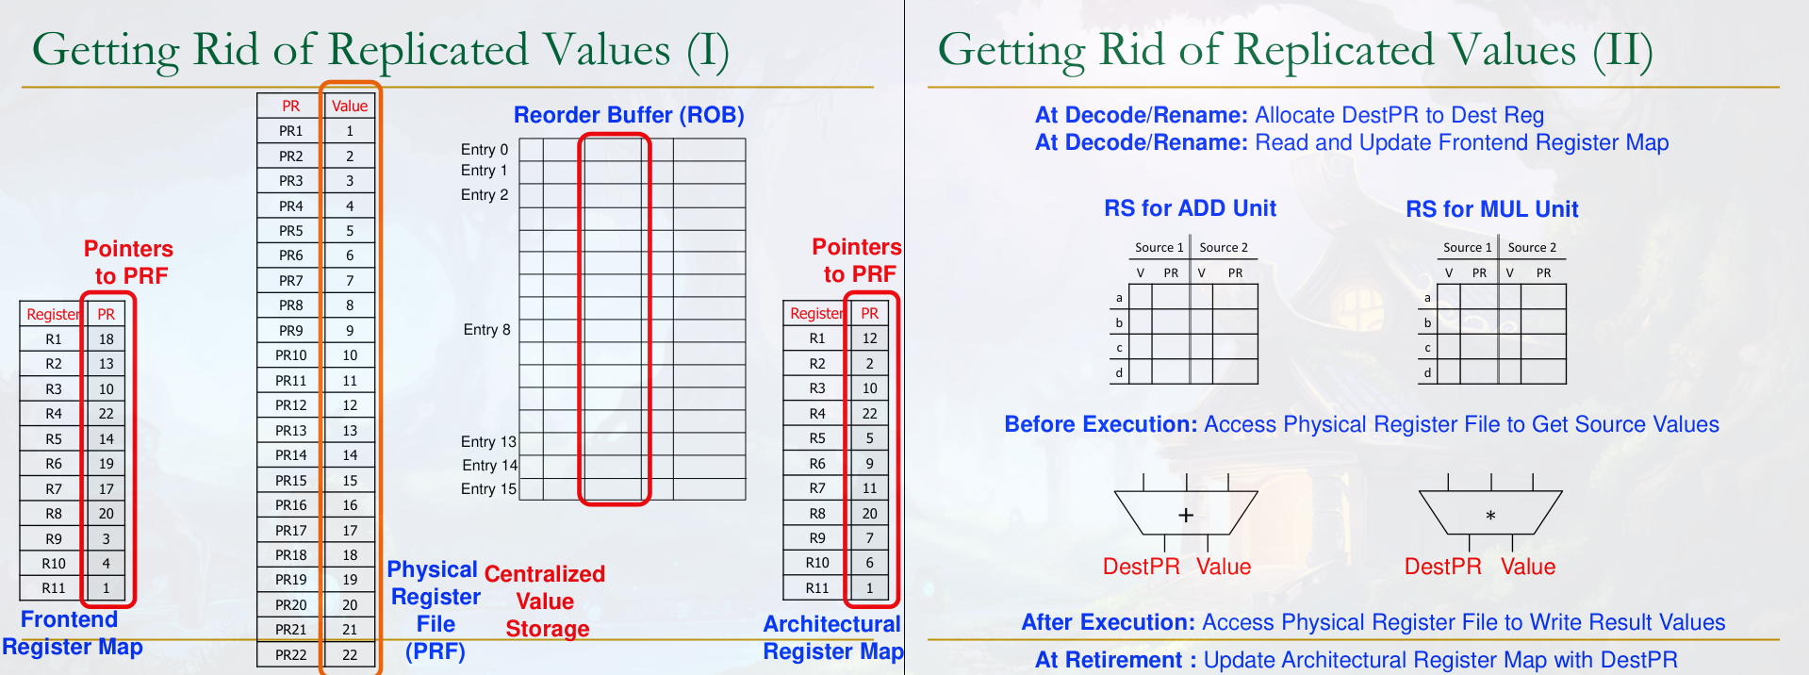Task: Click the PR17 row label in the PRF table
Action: (x=290, y=530)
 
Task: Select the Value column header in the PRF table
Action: (x=350, y=107)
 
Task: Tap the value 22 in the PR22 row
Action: (x=350, y=654)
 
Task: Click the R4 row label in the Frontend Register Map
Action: (x=54, y=414)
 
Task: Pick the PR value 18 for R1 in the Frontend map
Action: (x=107, y=339)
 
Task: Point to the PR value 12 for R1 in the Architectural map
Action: (x=869, y=338)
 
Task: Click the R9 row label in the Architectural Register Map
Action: (x=817, y=538)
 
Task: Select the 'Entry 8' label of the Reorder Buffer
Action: (x=486, y=330)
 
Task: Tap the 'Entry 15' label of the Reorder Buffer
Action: (x=488, y=489)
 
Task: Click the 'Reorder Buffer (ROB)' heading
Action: (x=629, y=115)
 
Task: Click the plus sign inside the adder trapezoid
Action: (x=1186, y=515)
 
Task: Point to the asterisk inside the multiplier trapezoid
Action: (x=1490, y=516)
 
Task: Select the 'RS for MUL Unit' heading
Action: (x=1492, y=209)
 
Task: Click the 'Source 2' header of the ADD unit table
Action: (x=1224, y=248)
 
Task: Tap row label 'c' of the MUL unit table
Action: (x=1427, y=348)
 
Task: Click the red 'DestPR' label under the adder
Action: (x=1142, y=567)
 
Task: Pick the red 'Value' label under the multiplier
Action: (x=1528, y=567)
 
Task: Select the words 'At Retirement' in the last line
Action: (x=1109, y=660)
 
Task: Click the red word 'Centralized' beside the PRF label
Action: (x=545, y=574)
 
